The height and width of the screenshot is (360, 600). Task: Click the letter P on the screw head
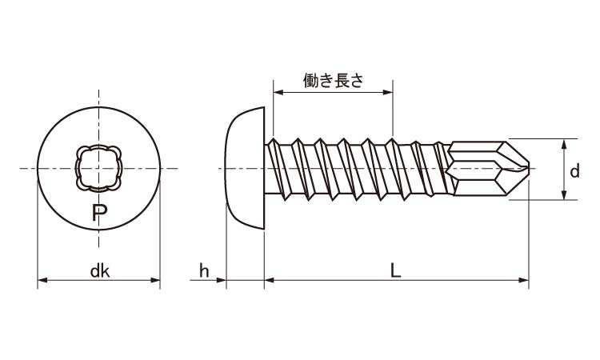98,213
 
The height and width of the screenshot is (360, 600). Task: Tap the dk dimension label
99,271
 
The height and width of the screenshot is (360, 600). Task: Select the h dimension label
204,271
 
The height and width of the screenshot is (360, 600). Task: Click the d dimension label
574,171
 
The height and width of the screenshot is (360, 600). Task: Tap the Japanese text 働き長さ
333,80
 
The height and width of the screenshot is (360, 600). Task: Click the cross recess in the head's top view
99,169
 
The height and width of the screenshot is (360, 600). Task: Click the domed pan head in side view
245,169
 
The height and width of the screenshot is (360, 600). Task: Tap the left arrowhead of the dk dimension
42,280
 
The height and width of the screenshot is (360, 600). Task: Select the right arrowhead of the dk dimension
157,280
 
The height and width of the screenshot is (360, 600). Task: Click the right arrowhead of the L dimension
525,280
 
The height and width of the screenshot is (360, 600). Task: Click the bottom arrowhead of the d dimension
566,197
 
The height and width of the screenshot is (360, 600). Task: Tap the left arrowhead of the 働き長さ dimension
277,93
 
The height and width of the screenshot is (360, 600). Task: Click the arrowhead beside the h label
222,280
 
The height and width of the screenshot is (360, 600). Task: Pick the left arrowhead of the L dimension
269,280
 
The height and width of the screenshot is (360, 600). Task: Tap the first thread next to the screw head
278,169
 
